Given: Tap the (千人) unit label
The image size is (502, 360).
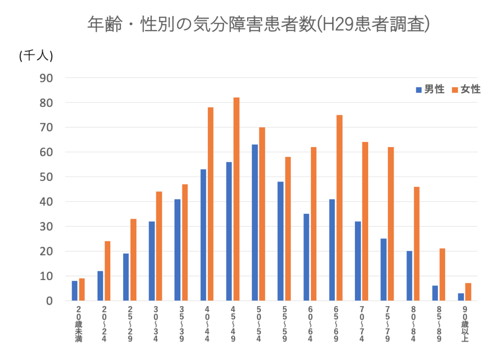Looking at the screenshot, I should coord(35,56).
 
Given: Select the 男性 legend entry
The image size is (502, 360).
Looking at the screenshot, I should coord(430,89).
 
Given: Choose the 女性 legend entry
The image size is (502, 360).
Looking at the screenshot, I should coord(466,89).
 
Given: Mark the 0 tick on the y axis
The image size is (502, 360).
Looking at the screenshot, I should coord(49,301).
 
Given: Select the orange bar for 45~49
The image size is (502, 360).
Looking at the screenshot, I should coord(236,199).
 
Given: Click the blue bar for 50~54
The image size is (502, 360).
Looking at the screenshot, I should coord(254,223).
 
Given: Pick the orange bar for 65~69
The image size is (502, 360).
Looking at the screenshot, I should coord(339,208).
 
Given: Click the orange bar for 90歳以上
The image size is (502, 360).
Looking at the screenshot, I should coord(468,292).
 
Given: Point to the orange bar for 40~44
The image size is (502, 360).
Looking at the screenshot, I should coord(210,204).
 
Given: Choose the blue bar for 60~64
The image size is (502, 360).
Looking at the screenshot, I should coord(306,257).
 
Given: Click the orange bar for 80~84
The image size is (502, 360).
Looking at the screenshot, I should coord(417,244).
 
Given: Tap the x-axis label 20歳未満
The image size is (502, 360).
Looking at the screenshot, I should coord(78,324).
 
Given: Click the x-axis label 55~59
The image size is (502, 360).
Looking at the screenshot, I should coord(284,324).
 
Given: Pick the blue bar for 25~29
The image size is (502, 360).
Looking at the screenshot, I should coord(126,277).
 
